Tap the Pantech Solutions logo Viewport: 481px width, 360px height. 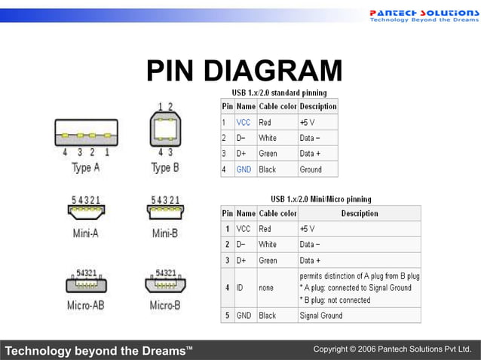point(423,16)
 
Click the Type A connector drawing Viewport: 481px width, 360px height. point(85,135)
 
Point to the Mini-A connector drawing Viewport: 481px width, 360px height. point(85,212)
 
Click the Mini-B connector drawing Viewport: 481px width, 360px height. point(164,212)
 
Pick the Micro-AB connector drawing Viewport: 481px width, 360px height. point(85,285)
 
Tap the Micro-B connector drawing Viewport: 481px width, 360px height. point(164,285)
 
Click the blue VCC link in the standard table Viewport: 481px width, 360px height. point(244,122)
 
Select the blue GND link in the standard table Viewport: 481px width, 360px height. point(244,169)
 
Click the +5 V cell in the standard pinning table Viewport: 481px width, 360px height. point(308,122)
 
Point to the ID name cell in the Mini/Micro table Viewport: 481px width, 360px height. point(241,288)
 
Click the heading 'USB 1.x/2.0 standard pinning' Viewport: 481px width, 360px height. point(278,92)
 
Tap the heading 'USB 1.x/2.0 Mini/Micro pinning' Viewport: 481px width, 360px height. point(320,199)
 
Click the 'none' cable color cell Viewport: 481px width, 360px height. point(268,288)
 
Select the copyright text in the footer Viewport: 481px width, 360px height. point(396,350)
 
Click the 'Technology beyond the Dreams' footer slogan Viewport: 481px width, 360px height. point(94,351)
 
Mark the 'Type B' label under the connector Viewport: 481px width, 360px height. point(164,168)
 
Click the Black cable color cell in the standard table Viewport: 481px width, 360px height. point(268,169)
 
